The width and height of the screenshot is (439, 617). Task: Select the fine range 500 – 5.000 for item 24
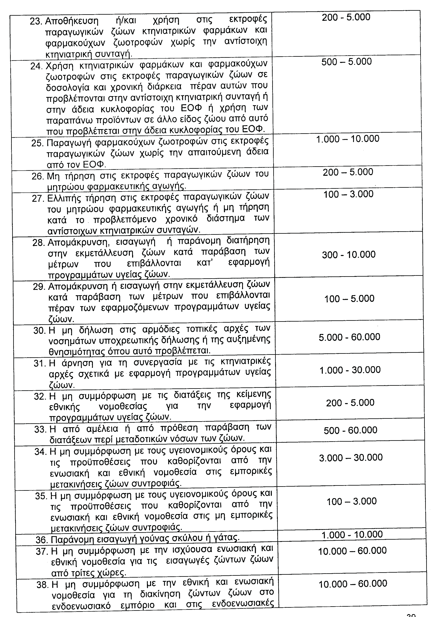(346, 62)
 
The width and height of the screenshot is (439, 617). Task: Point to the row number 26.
(38, 176)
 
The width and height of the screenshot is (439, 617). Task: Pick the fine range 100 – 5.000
(349, 298)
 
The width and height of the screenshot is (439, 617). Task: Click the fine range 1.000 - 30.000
(350, 370)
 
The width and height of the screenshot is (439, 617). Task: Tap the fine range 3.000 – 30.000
(351, 458)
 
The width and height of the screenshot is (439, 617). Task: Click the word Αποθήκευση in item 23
(72, 21)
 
